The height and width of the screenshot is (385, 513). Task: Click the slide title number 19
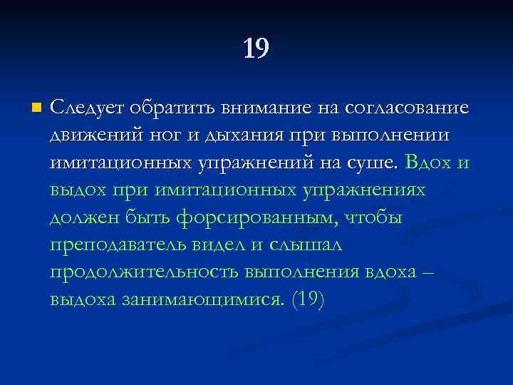point(256,48)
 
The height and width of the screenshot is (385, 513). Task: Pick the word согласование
point(406,108)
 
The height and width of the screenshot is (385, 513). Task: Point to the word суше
point(371,163)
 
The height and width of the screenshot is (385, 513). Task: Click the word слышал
point(306,245)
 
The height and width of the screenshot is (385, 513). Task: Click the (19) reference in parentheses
point(308,299)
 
